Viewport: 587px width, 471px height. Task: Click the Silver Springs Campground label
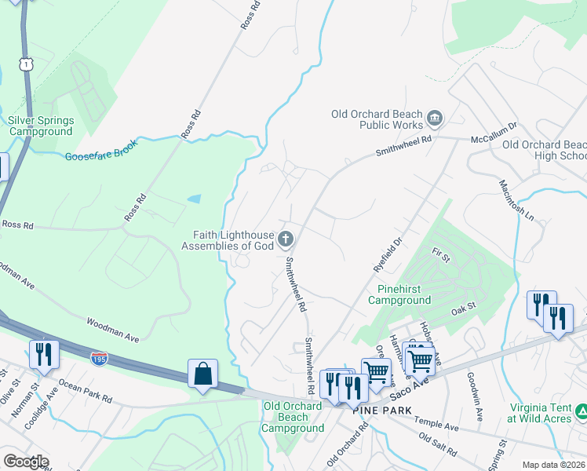(41, 126)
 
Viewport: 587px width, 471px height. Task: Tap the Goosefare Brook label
(101, 150)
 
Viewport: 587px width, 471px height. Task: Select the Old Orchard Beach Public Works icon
(434, 119)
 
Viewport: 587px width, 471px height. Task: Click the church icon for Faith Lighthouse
(286, 239)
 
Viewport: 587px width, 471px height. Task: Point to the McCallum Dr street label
(493, 132)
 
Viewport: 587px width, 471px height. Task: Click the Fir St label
(440, 254)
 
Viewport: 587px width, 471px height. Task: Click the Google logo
(26, 462)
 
